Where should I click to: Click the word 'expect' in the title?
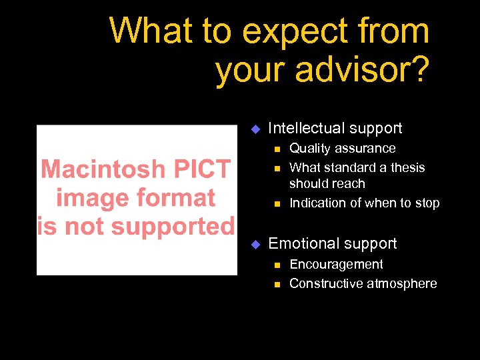tap(291, 32)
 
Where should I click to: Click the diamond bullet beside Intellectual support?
tap(253, 129)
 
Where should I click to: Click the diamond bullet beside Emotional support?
tap(253, 244)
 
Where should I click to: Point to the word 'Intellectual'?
tap(304, 128)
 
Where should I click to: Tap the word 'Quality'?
tap(310, 149)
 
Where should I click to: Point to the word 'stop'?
tap(427, 203)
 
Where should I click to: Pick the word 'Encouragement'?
tap(336, 265)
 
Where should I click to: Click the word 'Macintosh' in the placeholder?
tap(100, 169)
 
